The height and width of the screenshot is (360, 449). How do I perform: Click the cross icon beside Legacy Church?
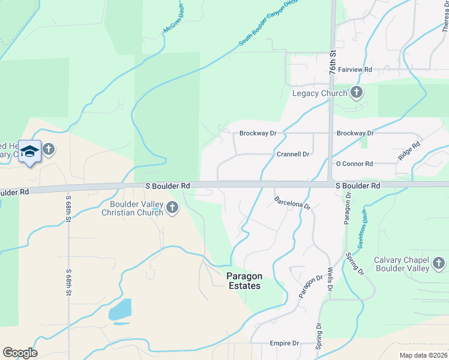click(357, 92)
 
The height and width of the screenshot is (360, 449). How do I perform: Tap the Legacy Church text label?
click(319, 93)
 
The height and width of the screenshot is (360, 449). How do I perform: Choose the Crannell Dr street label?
click(293, 154)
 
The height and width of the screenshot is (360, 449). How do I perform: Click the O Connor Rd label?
click(354, 164)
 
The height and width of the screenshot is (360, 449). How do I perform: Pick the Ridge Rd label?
click(409, 151)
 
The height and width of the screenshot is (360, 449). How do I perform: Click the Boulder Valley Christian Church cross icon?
click(172, 208)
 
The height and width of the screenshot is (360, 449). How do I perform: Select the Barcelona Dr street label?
click(292, 203)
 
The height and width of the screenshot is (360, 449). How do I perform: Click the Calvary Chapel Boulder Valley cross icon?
click(439, 263)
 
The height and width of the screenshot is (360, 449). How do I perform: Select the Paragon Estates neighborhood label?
click(244, 281)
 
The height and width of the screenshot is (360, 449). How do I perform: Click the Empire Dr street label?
click(284, 343)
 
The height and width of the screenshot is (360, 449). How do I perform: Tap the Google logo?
click(20, 353)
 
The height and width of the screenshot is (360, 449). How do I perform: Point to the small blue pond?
click(119, 310)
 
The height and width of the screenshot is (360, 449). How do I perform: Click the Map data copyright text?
click(423, 355)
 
